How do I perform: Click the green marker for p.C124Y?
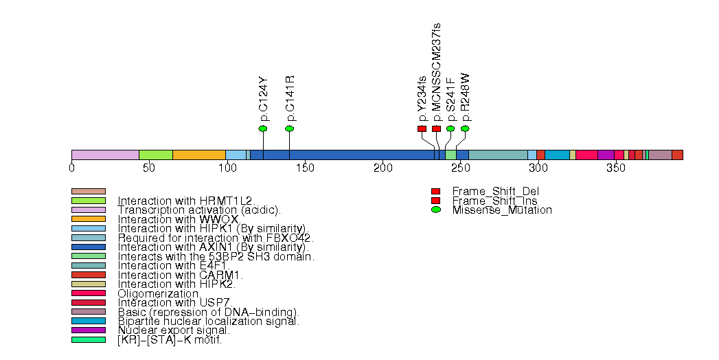[262, 128]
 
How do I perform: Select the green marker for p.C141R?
[289, 128]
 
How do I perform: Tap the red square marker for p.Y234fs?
[422, 128]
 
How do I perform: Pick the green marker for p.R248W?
[465, 128]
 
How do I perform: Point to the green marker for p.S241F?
[450, 128]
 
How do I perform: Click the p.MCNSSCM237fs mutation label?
[437, 72]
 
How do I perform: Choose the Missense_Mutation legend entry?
[501, 210]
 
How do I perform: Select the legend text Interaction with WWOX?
[178, 219]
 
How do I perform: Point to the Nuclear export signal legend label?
[174, 330]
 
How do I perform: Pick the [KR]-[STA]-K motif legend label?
[170, 339]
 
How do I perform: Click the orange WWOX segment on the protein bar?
[198, 155]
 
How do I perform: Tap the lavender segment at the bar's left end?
[105, 155]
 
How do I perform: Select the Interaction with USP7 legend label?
[175, 302]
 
